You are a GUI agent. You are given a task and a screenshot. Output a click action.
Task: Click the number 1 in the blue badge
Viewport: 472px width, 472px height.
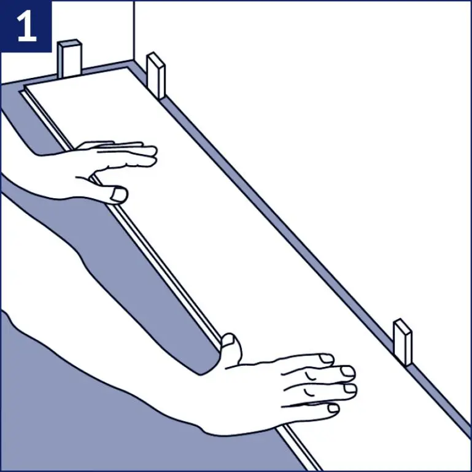coord(27,28)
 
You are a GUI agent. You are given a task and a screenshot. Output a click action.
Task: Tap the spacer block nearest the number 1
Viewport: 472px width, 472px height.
coord(69,59)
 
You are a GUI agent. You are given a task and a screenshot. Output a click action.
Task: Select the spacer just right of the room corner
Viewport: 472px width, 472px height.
coord(156,75)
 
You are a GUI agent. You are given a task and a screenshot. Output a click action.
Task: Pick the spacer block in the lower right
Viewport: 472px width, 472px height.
coord(403,341)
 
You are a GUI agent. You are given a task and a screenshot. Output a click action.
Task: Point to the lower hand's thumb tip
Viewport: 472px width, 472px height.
coord(230,339)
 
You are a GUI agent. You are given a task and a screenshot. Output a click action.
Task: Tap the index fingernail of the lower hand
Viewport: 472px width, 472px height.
coord(325,358)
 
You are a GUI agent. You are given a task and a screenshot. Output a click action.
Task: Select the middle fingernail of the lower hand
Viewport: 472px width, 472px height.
coord(347,371)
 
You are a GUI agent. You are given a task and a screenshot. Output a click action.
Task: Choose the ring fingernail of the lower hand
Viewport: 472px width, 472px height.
coord(350,389)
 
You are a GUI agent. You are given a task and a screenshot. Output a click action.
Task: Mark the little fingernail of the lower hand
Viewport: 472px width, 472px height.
coord(333,408)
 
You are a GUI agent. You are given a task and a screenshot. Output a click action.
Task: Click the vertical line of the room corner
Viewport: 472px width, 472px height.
coord(134,31)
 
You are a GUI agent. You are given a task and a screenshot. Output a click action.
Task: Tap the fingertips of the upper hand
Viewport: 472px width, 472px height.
coord(150,153)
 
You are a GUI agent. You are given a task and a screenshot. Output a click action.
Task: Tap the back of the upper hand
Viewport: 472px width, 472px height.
coord(92,169)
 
